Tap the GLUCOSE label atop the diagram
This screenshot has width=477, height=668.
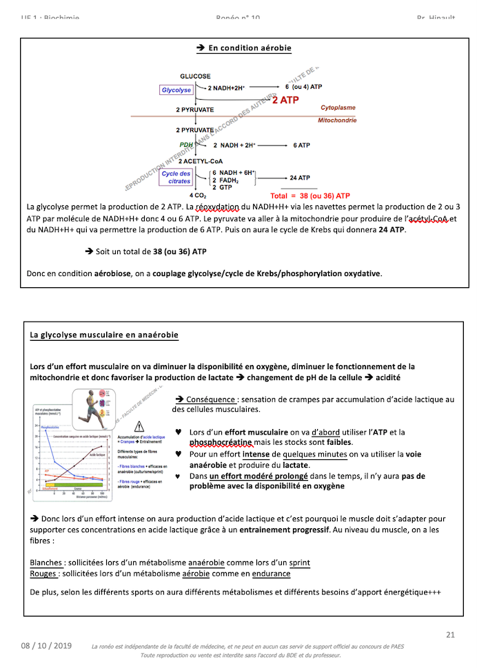(x=196, y=76)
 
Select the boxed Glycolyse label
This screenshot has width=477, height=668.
(x=176, y=90)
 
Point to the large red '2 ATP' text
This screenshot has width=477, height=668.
(x=285, y=101)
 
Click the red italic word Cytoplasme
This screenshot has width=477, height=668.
(x=338, y=108)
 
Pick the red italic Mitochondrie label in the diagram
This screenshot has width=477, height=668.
(x=337, y=120)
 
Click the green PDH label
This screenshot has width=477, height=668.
(x=186, y=145)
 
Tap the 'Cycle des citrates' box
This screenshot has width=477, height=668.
(x=176, y=177)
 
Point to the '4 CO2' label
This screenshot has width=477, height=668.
(x=199, y=196)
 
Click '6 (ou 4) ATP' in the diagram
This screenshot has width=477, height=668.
(x=304, y=87)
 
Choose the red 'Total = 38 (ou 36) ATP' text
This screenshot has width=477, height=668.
(x=310, y=196)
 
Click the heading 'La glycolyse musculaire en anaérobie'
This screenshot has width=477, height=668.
(x=103, y=335)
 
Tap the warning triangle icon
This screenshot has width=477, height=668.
(x=140, y=426)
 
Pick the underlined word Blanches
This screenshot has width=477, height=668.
(x=48, y=563)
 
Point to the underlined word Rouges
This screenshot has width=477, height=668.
(x=43, y=574)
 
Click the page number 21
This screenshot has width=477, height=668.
(x=451, y=634)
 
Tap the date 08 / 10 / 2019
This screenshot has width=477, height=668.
(x=46, y=646)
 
